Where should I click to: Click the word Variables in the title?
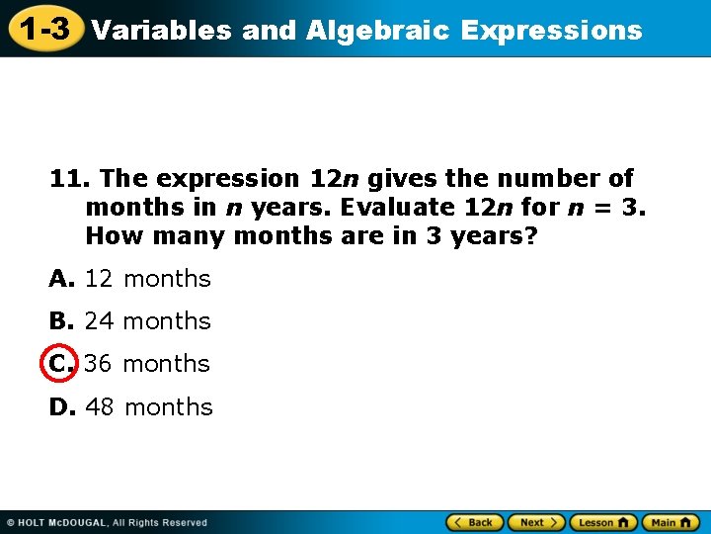click(x=162, y=31)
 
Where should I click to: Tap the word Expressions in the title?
click(x=551, y=31)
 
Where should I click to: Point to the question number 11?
click(x=68, y=179)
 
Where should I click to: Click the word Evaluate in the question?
click(x=394, y=209)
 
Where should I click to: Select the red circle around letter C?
click(x=60, y=363)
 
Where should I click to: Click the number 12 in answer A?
click(x=99, y=279)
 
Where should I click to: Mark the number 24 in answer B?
click(x=99, y=321)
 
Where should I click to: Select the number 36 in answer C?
click(x=98, y=364)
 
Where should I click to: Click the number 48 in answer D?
click(x=101, y=407)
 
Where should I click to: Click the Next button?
click(x=537, y=522)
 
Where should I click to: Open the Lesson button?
click(x=602, y=522)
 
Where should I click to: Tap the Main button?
click(x=671, y=522)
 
